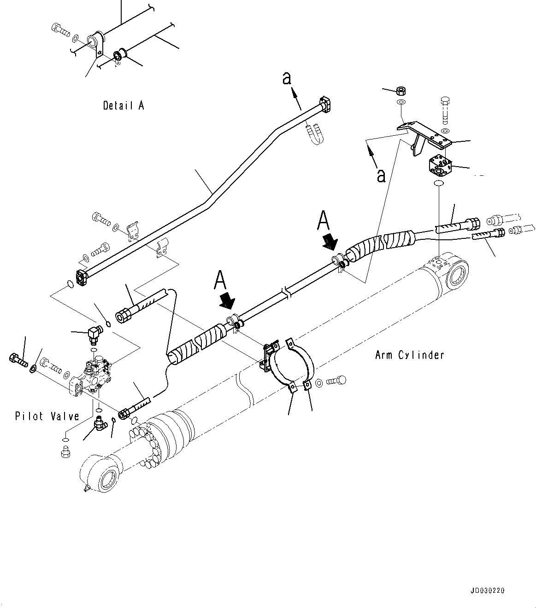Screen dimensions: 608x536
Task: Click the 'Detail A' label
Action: (123, 105)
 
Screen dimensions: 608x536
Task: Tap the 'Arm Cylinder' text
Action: (409, 355)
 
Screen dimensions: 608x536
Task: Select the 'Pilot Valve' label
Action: (47, 416)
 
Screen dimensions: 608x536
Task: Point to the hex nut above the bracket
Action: (401, 90)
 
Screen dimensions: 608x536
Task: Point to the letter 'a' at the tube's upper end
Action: (287, 79)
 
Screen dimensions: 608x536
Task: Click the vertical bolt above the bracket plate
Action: (445, 110)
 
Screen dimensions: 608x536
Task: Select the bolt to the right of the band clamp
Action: (336, 381)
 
